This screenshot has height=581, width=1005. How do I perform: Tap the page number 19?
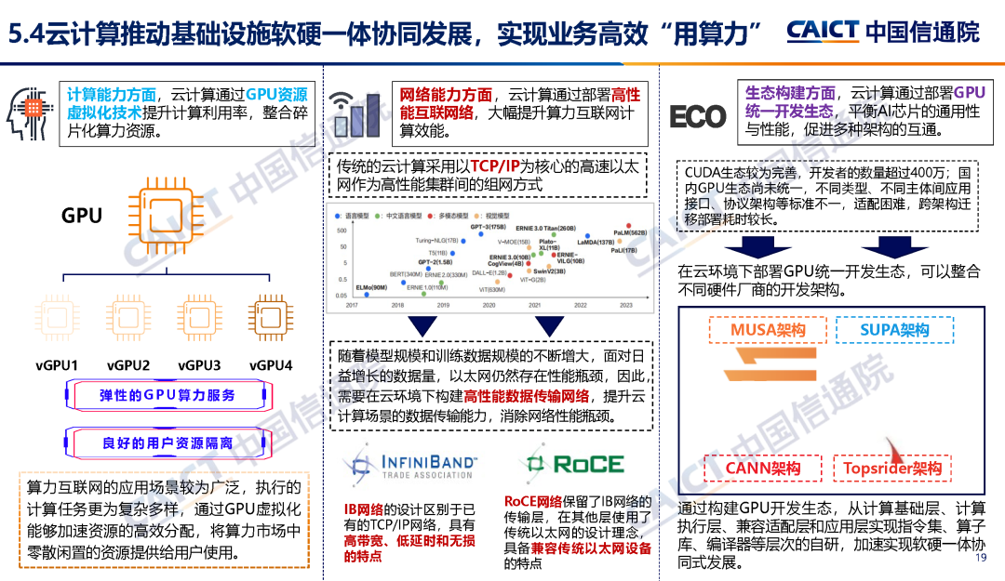tap(980, 558)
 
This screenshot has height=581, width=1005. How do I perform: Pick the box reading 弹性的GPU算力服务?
tap(167, 395)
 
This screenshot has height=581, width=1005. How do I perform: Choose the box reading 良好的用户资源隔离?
tap(167, 443)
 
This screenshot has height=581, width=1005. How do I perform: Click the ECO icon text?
tap(697, 116)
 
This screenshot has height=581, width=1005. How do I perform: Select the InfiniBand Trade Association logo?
tap(407, 465)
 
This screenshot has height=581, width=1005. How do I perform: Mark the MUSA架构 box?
tap(768, 330)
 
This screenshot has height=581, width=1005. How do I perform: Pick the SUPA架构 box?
tap(894, 330)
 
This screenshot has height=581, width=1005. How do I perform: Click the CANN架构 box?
tap(762, 468)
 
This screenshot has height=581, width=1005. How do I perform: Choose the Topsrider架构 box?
tap(891, 468)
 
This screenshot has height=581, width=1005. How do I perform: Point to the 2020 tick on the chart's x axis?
tap(489, 305)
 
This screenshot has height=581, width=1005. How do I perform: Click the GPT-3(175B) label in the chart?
tap(488, 227)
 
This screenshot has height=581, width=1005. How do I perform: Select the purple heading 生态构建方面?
tap(789, 93)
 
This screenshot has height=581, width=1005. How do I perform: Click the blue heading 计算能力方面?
tap(111, 95)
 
